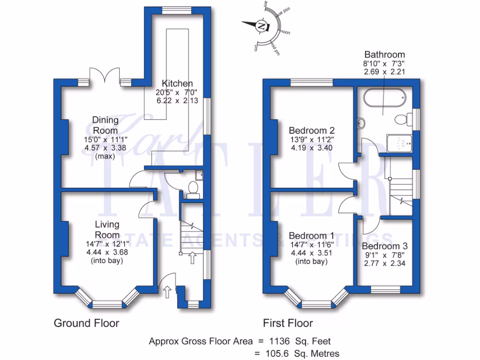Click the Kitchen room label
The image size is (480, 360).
pyautogui.click(x=175, y=83)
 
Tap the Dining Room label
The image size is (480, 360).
pyautogui.click(x=105, y=125)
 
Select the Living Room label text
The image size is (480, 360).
pyautogui.click(x=107, y=230)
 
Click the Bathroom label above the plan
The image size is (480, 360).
pyautogui.click(x=384, y=54)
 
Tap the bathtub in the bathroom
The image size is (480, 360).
pyautogui.click(x=383, y=97)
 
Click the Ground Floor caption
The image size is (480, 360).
pyautogui.click(x=86, y=323)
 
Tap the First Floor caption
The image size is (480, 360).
pyautogui.click(x=287, y=323)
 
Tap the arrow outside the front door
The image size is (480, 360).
pyautogui.click(x=167, y=293)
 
